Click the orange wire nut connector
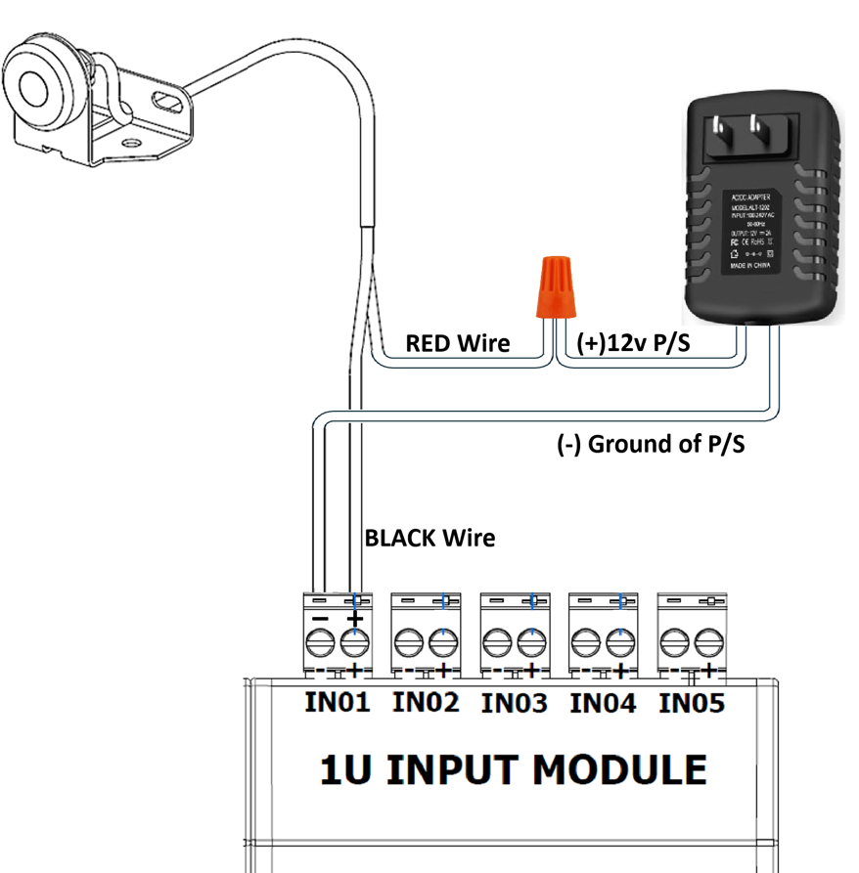(554, 286)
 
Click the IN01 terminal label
(337, 702)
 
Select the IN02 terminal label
(426, 702)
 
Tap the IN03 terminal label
(515, 702)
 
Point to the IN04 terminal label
(603, 702)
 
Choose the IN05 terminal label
(692, 702)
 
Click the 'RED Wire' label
(458, 343)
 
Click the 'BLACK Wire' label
(429, 538)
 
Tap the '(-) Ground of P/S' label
(651, 445)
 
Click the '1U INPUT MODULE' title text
(514, 770)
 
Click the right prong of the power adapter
(757, 128)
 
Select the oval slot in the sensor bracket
(166, 100)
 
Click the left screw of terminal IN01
(320, 642)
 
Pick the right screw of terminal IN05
(707, 642)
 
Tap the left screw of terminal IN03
(498, 642)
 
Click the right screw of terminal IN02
(442, 642)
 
